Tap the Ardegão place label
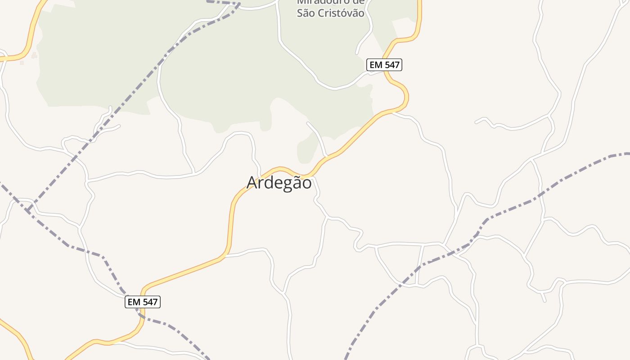(x=279, y=183)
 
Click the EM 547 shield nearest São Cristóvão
(x=384, y=65)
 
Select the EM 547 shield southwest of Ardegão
(x=143, y=302)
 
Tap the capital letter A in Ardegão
(x=252, y=183)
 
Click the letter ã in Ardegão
(x=295, y=183)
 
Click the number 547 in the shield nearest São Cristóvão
(x=391, y=65)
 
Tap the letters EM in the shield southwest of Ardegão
(x=134, y=302)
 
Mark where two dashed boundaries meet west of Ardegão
(x=28, y=210)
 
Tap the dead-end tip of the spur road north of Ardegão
(x=308, y=123)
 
